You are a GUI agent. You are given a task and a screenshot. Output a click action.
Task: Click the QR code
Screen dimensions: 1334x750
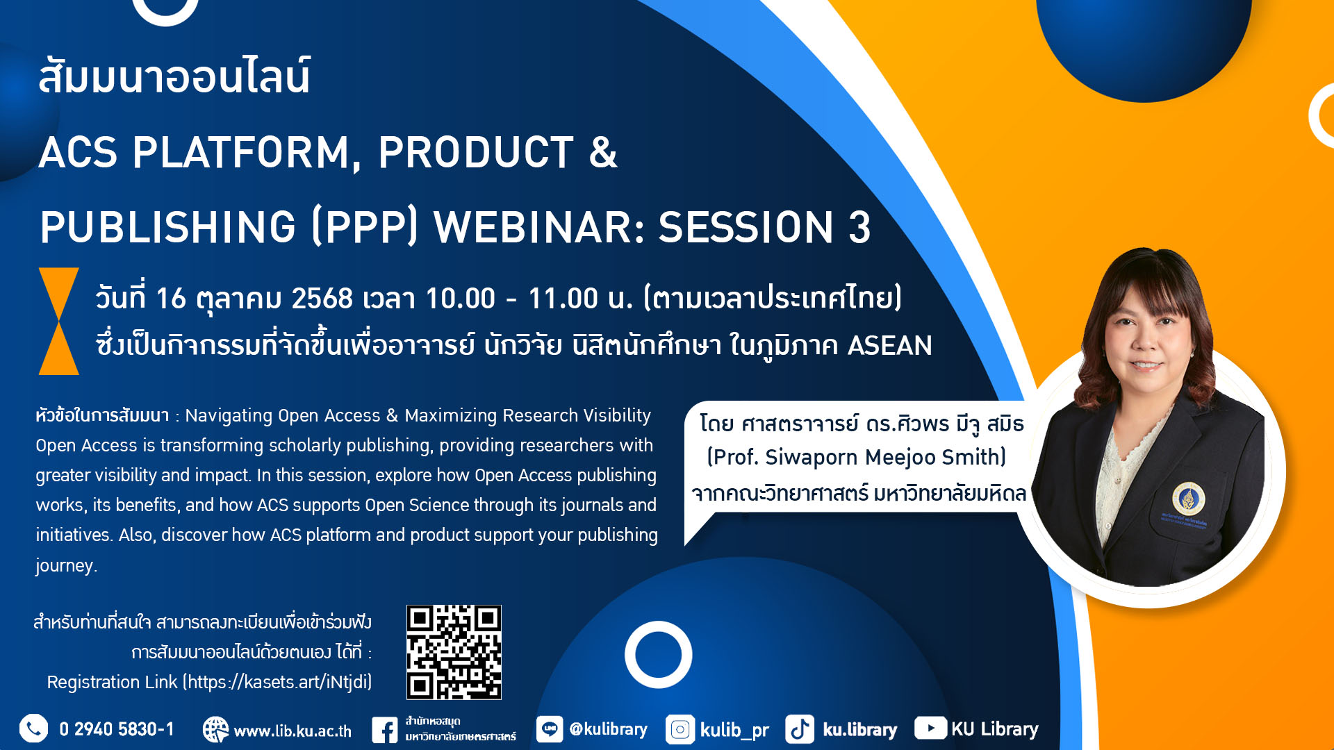pos(454,652)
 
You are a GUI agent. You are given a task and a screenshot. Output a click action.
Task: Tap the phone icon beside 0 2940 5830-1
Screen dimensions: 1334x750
pos(33,728)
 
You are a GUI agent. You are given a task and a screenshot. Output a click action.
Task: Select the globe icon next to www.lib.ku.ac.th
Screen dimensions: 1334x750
pos(215,730)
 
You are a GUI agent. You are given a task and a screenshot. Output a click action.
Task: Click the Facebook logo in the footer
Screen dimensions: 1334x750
pos(384,730)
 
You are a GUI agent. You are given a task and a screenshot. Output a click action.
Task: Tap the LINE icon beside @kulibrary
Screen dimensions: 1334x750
pos(550,729)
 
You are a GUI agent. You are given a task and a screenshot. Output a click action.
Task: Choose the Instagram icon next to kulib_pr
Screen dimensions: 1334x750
pos(680,730)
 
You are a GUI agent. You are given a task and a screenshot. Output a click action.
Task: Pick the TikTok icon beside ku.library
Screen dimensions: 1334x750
pos(800,730)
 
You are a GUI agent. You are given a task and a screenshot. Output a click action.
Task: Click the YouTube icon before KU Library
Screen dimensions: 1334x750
pos(930,728)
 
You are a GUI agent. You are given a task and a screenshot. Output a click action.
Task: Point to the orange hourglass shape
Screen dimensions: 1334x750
pos(59,321)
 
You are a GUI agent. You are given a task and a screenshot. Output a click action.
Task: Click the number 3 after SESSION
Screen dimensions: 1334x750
pos(859,227)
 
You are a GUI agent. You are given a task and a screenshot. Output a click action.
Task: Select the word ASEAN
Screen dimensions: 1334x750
pos(890,345)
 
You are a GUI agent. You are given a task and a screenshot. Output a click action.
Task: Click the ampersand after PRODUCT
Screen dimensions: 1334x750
pos(603,152)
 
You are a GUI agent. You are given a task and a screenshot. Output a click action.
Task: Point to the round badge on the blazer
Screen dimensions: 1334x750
pos(1188,499)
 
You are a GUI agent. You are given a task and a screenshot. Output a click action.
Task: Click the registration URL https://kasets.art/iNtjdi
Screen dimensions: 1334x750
pos(277,682)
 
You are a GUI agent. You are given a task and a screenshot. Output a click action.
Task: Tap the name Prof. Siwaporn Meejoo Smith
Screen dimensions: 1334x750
pos(857,457)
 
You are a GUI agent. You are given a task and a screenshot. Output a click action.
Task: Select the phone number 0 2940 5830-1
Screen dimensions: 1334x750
pos(117,729)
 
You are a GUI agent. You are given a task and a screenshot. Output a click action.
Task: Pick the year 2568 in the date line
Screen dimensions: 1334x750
pos(322,299)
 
